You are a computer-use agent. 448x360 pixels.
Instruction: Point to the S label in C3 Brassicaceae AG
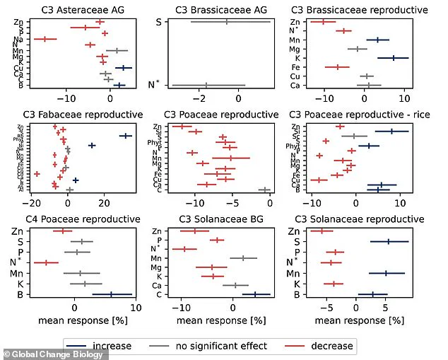coord(158,22)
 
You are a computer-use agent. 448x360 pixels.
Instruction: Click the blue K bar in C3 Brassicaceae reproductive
coord(393,58)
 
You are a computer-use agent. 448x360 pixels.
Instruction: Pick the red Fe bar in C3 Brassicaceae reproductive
coord(337,67)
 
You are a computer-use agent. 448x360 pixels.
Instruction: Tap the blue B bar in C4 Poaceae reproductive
coord(112,294)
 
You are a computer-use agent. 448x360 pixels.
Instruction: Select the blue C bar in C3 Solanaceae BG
coord(256,294)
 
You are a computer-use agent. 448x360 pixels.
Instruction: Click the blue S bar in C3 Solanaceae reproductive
coord(389,242)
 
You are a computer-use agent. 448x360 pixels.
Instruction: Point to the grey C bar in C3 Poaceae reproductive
coord(265,190)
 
